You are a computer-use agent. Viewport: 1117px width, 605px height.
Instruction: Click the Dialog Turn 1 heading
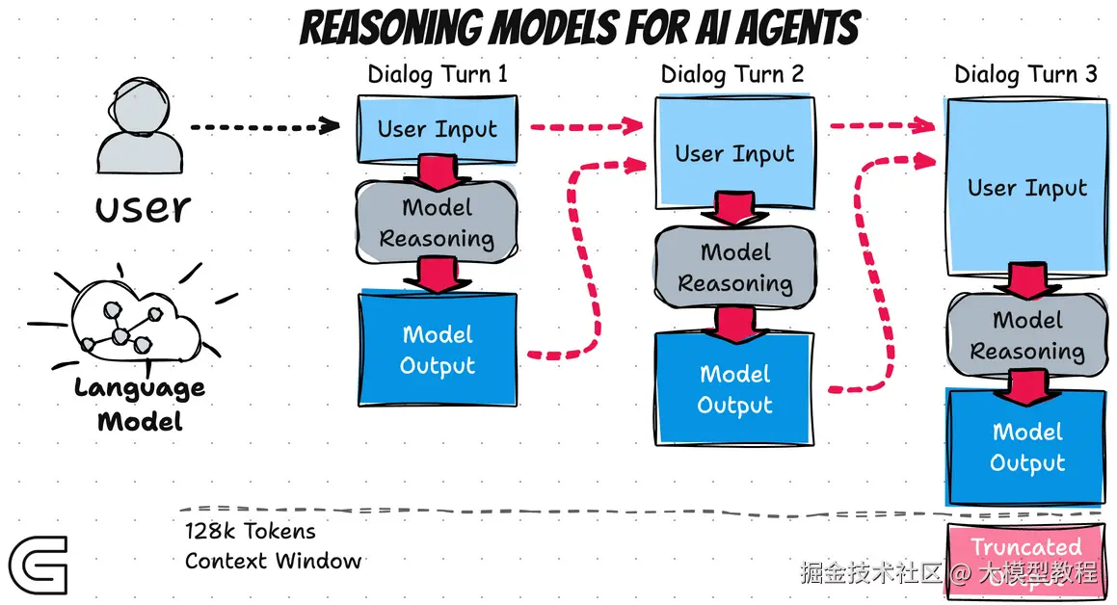[438, 74]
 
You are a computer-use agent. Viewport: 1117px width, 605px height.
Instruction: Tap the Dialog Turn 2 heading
[732, 74]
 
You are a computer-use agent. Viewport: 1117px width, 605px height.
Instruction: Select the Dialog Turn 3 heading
[1025, 74]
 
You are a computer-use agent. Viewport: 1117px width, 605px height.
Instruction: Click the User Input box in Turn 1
[438, 129]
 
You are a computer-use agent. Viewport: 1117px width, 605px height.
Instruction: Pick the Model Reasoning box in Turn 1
[438, 223]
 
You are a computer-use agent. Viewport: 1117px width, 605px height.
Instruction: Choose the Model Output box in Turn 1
[438, 350]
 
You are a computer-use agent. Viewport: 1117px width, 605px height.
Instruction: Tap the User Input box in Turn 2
[734, 153]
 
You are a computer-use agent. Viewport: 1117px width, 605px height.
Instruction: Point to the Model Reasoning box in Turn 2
[734, 267]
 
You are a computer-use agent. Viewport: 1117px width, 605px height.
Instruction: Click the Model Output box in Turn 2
[734, 389]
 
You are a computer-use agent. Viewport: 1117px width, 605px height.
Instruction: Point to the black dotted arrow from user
[264, 125]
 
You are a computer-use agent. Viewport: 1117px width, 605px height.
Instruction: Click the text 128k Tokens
[251, 531]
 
